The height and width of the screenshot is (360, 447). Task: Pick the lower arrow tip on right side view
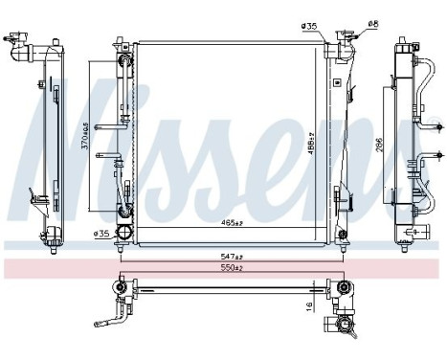(436, 154)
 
